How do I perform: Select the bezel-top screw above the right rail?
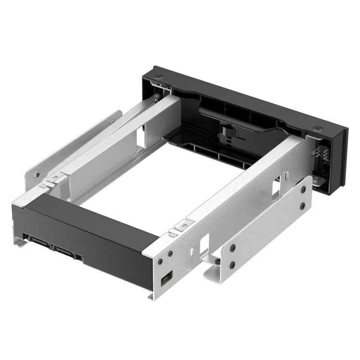click(x=318, y=129)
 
